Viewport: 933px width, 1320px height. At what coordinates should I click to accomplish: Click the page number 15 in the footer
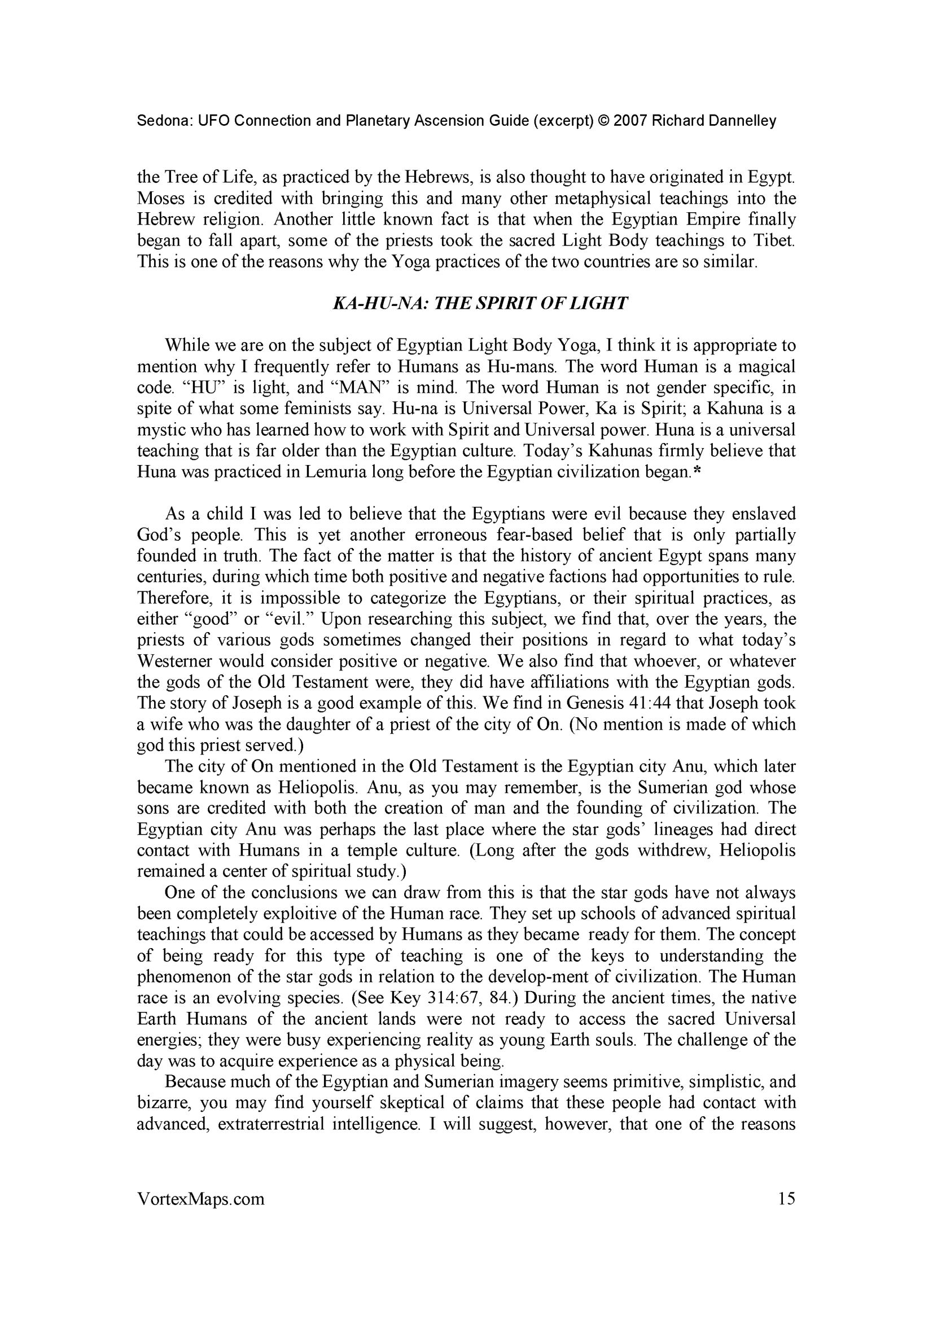coord(786,1198)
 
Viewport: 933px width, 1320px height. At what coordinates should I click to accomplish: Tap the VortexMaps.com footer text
coord(200,1199)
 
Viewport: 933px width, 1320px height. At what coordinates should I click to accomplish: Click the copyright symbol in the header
coord(602,121)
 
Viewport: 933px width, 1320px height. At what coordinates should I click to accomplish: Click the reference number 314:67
coord(459,997)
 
